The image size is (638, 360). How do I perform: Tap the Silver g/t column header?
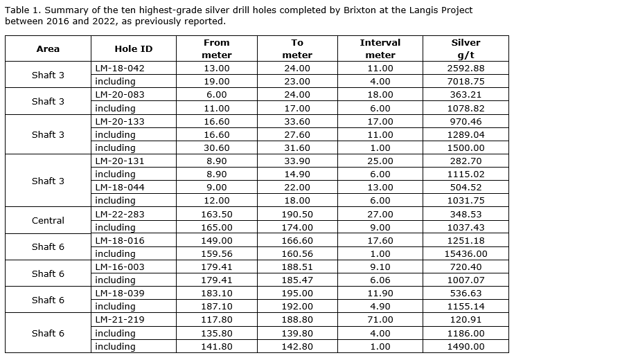coord(466,48)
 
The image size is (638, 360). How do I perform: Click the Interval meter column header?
coord(380,48)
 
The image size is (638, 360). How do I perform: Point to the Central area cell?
coord(48,221)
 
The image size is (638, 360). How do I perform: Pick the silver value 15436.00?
coord(466,254)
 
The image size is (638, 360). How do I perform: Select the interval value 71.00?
coord(380,320)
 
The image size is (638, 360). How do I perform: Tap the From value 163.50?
coord(216,215)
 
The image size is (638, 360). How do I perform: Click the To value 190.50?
coord(297,215)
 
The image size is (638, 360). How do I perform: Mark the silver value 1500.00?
coord(466,148)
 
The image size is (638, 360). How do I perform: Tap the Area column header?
coord(48,49)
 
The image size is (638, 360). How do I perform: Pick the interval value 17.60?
coord(380,241)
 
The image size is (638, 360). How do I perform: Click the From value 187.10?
coord(216,307)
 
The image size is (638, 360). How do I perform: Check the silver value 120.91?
coord(466,320)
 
